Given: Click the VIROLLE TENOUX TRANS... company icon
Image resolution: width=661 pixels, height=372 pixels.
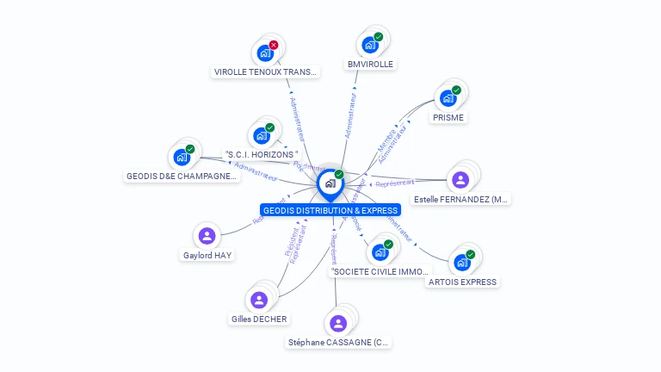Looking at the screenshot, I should [x=265, y=53].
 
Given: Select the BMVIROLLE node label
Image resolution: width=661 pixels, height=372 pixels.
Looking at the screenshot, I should [x=370, y=64].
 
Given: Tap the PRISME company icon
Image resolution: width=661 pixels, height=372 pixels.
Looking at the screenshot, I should [x=448, y=98].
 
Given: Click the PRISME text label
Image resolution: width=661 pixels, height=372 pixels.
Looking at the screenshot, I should [x=448, y=117].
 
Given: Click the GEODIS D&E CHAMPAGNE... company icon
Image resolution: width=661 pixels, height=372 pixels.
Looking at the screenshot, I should [x=182, y=157].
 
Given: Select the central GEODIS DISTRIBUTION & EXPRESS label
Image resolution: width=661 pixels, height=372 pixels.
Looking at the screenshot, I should [x=331, y=210].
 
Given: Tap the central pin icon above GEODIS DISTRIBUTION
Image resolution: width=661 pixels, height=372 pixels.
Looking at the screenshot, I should [x=330, y=183].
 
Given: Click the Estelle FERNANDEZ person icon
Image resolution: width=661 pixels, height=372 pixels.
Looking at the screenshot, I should [x=460, y=179].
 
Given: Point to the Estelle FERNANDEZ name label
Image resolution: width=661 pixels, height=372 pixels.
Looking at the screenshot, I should [x=460, y=199].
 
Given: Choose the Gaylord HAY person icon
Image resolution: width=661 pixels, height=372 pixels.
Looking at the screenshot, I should [x=206, y=235].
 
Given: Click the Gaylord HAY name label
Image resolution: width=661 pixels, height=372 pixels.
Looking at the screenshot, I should [x=207, y=255].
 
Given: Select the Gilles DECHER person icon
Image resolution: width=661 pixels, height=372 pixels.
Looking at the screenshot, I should [x=259, y=300].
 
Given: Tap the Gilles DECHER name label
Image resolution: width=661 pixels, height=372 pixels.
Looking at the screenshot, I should [x=259, y=319].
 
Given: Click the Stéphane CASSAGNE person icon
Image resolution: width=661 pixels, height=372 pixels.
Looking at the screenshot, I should [x=338, y=323].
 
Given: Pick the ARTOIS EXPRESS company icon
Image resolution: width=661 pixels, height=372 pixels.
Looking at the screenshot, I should [x=462, y=262].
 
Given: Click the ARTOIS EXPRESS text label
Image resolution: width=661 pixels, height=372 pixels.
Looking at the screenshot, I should [x=462, y=282].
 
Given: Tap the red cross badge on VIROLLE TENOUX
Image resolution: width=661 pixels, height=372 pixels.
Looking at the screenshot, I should [x=274, y=45].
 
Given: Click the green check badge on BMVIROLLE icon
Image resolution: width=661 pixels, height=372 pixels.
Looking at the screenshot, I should [x=379, y=37].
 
